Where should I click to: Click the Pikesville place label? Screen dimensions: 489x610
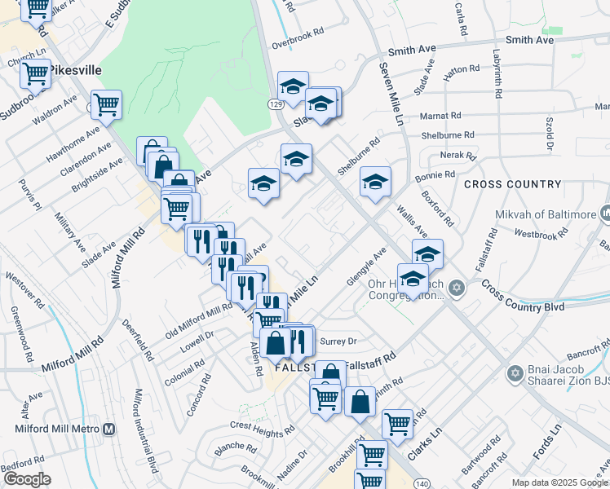[75, 70]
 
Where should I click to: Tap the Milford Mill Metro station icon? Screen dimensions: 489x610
[108, 429]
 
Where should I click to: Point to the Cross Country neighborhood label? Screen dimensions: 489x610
[512, 184]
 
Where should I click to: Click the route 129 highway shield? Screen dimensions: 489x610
[276, 105]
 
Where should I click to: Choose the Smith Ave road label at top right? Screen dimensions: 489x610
[529, 39]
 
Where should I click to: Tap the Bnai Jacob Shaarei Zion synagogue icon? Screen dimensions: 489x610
[514, 373]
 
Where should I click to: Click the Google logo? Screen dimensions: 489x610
[27, 479]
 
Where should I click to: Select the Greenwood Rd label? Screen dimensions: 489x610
[22, 334]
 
